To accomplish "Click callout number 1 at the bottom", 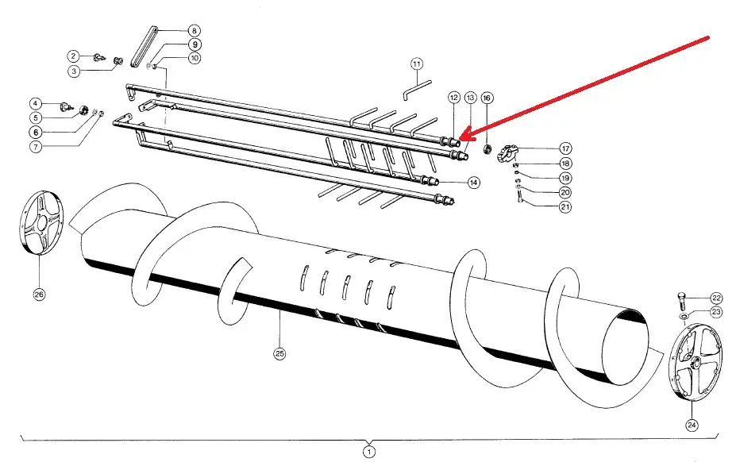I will [x=368, y=452].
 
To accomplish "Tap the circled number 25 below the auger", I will [x=279, y=353].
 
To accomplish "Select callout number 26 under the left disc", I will [x=39, y=294].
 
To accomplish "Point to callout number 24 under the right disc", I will [x=692, y=425].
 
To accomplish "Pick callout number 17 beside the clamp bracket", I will [x=565, y=148].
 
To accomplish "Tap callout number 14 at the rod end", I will [x=473, y=183].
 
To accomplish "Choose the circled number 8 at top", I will [x=195, y=31].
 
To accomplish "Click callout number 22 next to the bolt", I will [x=716, y=298].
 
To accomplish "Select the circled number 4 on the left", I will [x=36, y=103].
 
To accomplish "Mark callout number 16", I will [x=487, y=98].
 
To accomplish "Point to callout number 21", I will [x=565, y=208].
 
